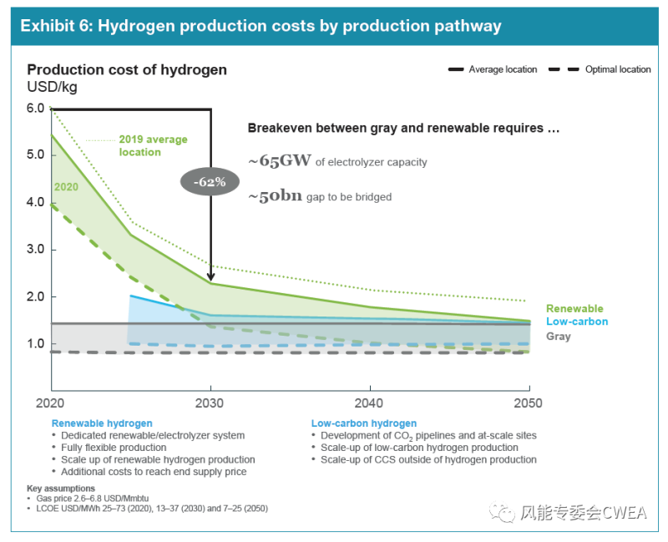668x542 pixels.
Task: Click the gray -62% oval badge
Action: [x=210, y=180]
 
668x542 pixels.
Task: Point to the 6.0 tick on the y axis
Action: [x=35, y=108]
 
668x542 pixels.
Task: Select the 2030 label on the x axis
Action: [x=210, y=403]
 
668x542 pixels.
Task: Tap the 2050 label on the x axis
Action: [x=527, y=403]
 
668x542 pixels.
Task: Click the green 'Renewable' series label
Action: [x=574, y=308]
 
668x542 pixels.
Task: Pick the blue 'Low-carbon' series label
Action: [x=576, y=322]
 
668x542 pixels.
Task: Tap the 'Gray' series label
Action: [x=559, y=336]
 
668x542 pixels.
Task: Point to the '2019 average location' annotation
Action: [x=151, y=145]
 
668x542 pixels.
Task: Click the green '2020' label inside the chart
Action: [x=65, y=187]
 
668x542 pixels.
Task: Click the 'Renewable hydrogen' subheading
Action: [x=102, y=423]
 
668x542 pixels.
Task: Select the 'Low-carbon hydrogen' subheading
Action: [x=363, y=423]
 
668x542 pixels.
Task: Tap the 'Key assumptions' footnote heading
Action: [x=61, y=488]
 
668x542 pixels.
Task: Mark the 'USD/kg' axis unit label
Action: [x=51, y=85]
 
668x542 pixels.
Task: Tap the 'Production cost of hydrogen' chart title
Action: [x=127, y=69]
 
